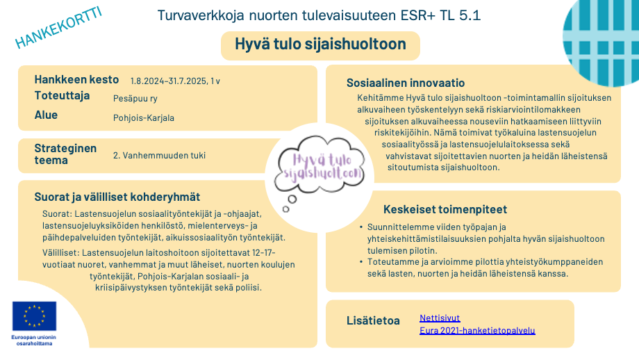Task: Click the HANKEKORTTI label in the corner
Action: [x=58, y=29]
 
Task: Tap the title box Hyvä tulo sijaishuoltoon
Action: [x=321, y=45]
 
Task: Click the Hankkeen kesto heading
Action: [x=76, y=79]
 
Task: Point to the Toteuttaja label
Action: [x=62, y=96]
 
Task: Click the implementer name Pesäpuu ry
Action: [x=135, y=99]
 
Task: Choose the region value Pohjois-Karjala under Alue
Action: [x=144, y=117]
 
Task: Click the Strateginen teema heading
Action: [x=65, y=154]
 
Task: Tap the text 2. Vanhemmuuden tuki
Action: [x=160, y=155]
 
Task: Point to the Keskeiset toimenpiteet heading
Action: [x=445, y=209]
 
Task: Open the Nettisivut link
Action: [x=440, y=318]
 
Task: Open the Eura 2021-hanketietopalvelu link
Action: [x=477, y=330]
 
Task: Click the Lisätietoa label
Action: [x=373, y=320]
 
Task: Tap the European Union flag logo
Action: [x=34, y=316]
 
